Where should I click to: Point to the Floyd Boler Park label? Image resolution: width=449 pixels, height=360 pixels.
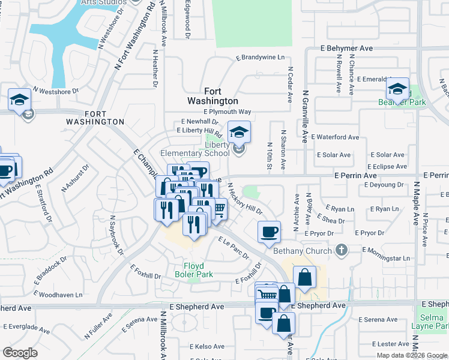click(x=193, y=270)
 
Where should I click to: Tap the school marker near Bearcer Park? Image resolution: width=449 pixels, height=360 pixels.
click(x=397, y=89)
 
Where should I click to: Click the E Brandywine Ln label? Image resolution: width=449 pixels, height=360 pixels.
click(x=260, y=58)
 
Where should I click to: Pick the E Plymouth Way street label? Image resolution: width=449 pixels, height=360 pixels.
click(x=227, y=112)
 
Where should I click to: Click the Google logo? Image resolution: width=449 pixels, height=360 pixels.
click(x=20, y=353)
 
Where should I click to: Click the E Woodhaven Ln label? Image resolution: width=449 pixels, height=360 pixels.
click(x=58, y=295)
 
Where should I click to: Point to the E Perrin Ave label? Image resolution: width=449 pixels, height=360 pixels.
click(x=355, y=176)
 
